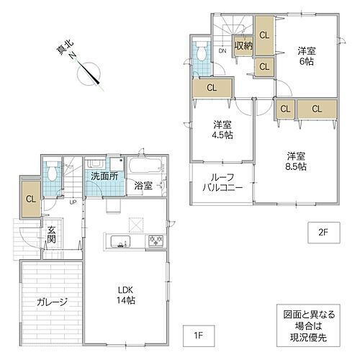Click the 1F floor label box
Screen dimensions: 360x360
pyautogui.click(x=199, y=336)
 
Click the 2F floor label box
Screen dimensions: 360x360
pyautogui.click(x=324, y=233)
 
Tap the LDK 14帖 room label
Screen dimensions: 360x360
pyautogui.click(x=126, y=295)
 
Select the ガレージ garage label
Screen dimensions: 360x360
pyautogui.click(x=52, y=302)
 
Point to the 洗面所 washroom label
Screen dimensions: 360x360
pyautogui.click(x=104, y=176)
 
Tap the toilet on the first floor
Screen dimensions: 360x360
pyautogui.click(x=52, y=171)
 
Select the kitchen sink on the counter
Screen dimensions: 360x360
pyautogui.click(x=120, y=241)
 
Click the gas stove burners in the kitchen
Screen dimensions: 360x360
pyautogui.click(x=156, y=240)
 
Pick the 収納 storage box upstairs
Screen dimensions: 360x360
pyautogui.click(x=243, y=45)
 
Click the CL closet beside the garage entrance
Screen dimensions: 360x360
pyautogui.click(x=31, y=199)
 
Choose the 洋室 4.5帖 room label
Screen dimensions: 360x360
pyautogui.click(x=222, y=130)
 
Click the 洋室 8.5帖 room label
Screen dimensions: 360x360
pyautogui.click(x=296, y=161)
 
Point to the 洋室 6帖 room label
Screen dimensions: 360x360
pyautogui.click(x=307, y=56)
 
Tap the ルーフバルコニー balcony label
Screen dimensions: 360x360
pyautogui.click(x=222, y=182)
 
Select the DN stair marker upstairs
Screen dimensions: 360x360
pyautogui.click(x=222, y=51)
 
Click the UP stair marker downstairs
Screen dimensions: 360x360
pyautogui.click(x=73, y=202)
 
